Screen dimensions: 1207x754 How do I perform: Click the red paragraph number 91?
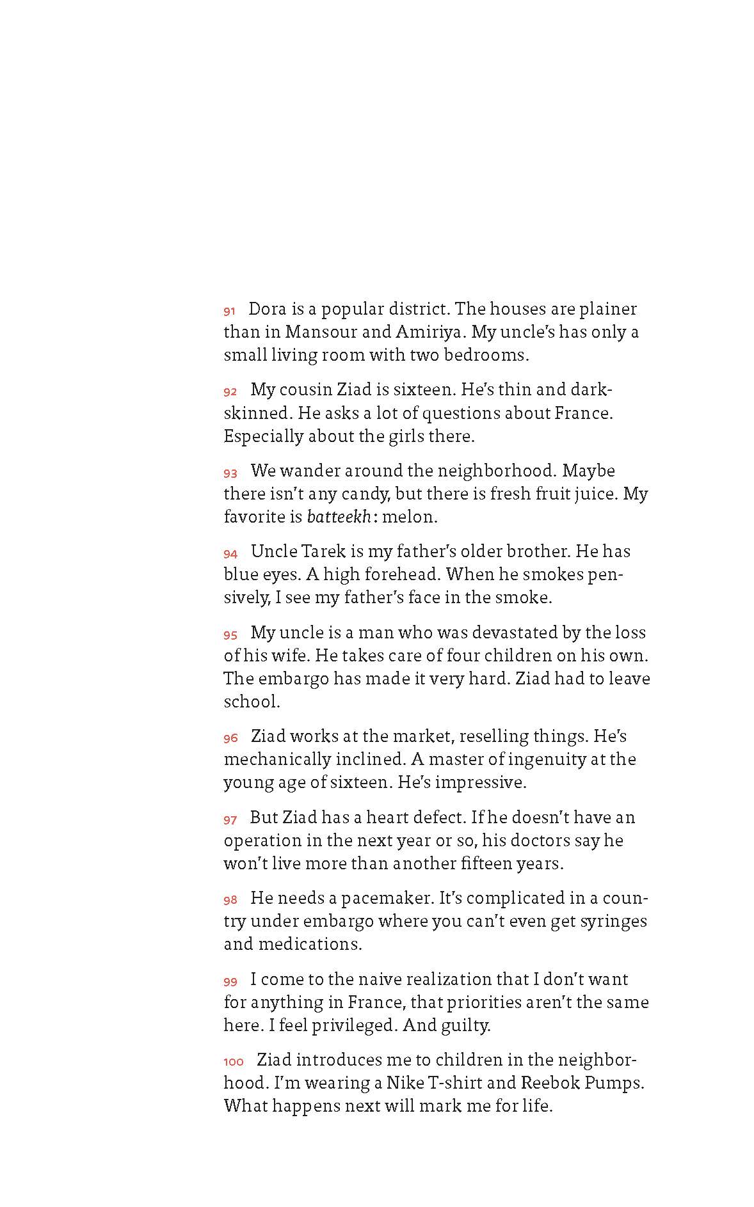(x=229, y=312)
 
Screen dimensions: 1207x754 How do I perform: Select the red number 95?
(x=230, y=635)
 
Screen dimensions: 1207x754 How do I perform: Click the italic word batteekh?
(x=339, y=517)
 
